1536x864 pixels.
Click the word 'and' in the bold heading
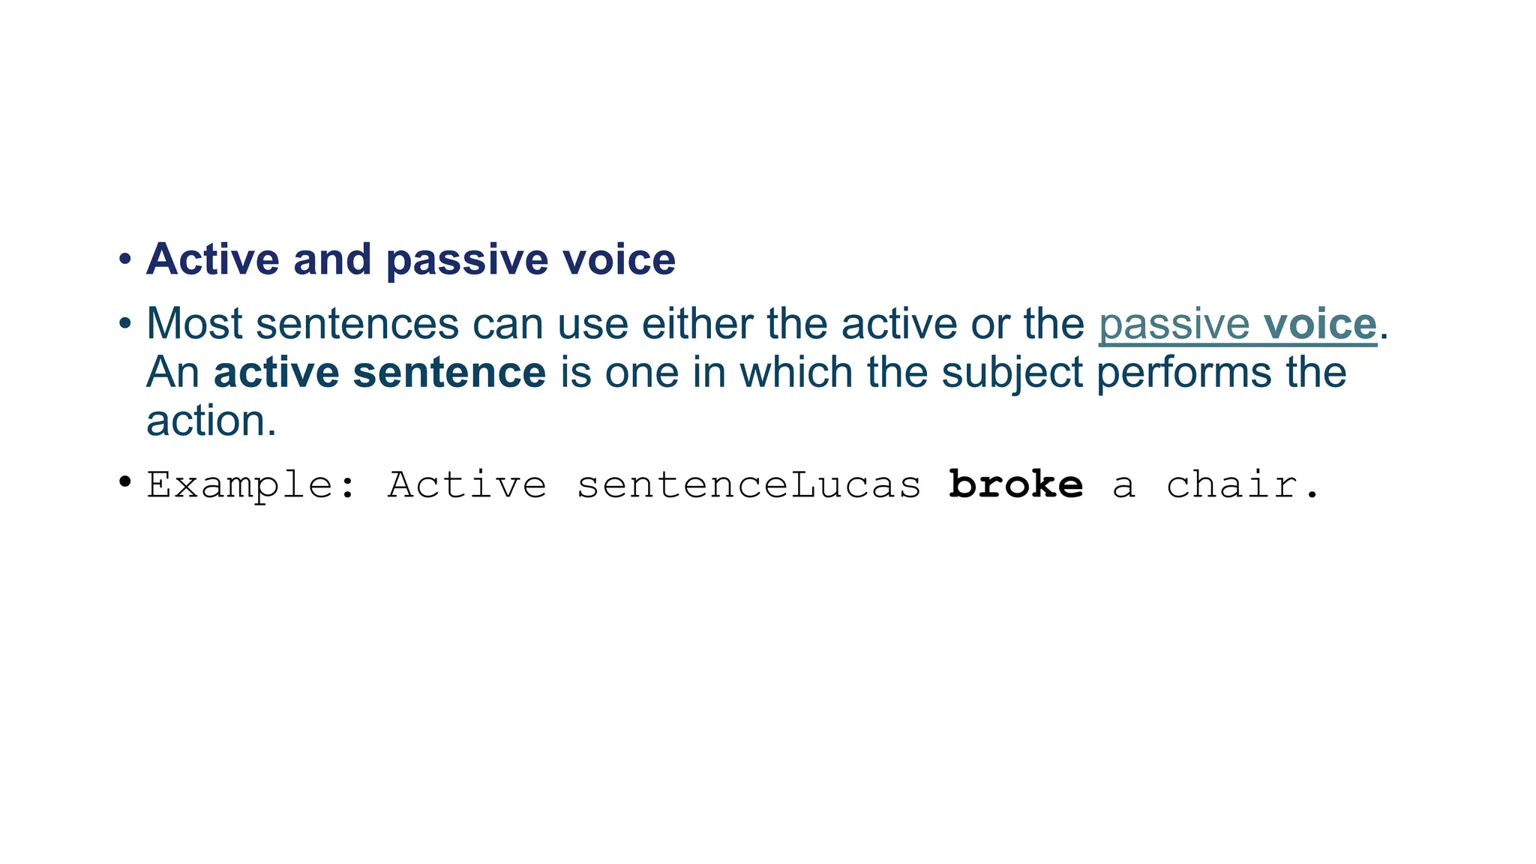coord(332,259)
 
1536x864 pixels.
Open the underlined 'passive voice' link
coord(1237,324)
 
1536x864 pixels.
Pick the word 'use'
coord(592,324)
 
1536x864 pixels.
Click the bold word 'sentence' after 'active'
coord(449,373)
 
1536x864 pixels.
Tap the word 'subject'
coord(1012,373)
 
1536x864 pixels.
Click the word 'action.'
coord(211,421)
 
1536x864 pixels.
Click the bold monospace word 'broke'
coord(1015,484)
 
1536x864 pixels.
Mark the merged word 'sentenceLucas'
coord(748,485)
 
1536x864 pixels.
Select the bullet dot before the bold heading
coord(125,260)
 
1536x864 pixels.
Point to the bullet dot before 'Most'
coord(125,325)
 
